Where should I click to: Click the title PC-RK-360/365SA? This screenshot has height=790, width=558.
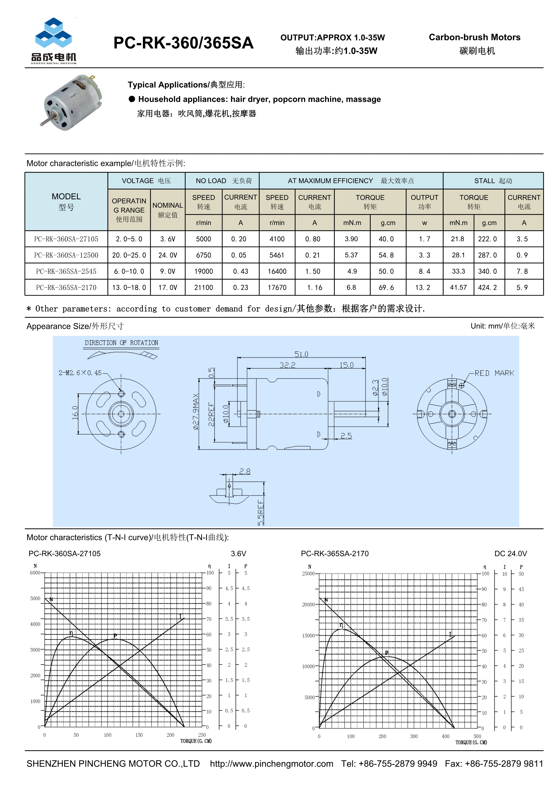183,43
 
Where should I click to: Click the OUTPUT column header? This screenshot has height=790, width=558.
424,202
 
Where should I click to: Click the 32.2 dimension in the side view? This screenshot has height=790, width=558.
287,365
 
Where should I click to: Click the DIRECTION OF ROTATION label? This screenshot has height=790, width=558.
121,343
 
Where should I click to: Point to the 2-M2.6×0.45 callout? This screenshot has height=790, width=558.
80,373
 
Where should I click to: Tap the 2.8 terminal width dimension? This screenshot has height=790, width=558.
245,471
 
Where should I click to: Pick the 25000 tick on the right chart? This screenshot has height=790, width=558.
308,574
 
